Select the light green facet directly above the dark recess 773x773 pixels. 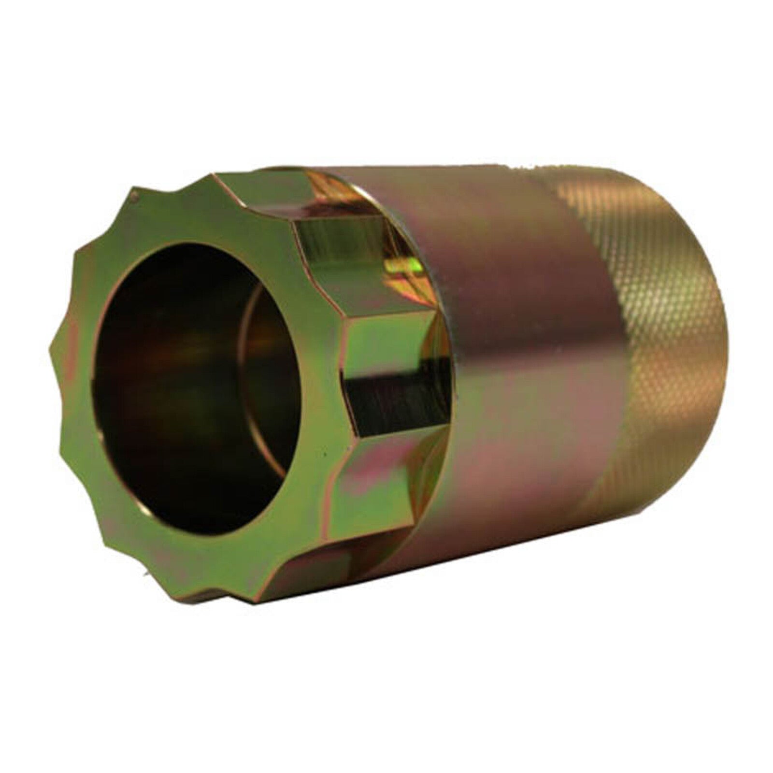click(x=386, y=338)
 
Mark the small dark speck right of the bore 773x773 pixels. click(x=323, y=454)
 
